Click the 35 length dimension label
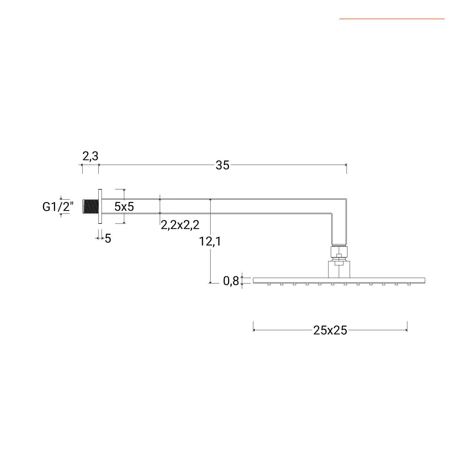pos(223,165)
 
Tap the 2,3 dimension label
pos(90,156)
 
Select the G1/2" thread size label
pos(58,207)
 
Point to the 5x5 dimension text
pos(124,207)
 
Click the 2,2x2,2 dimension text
pos(180,225)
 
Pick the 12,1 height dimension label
pos(210,242)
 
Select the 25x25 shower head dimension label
pos(330,330)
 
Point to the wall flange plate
pos(100,206)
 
